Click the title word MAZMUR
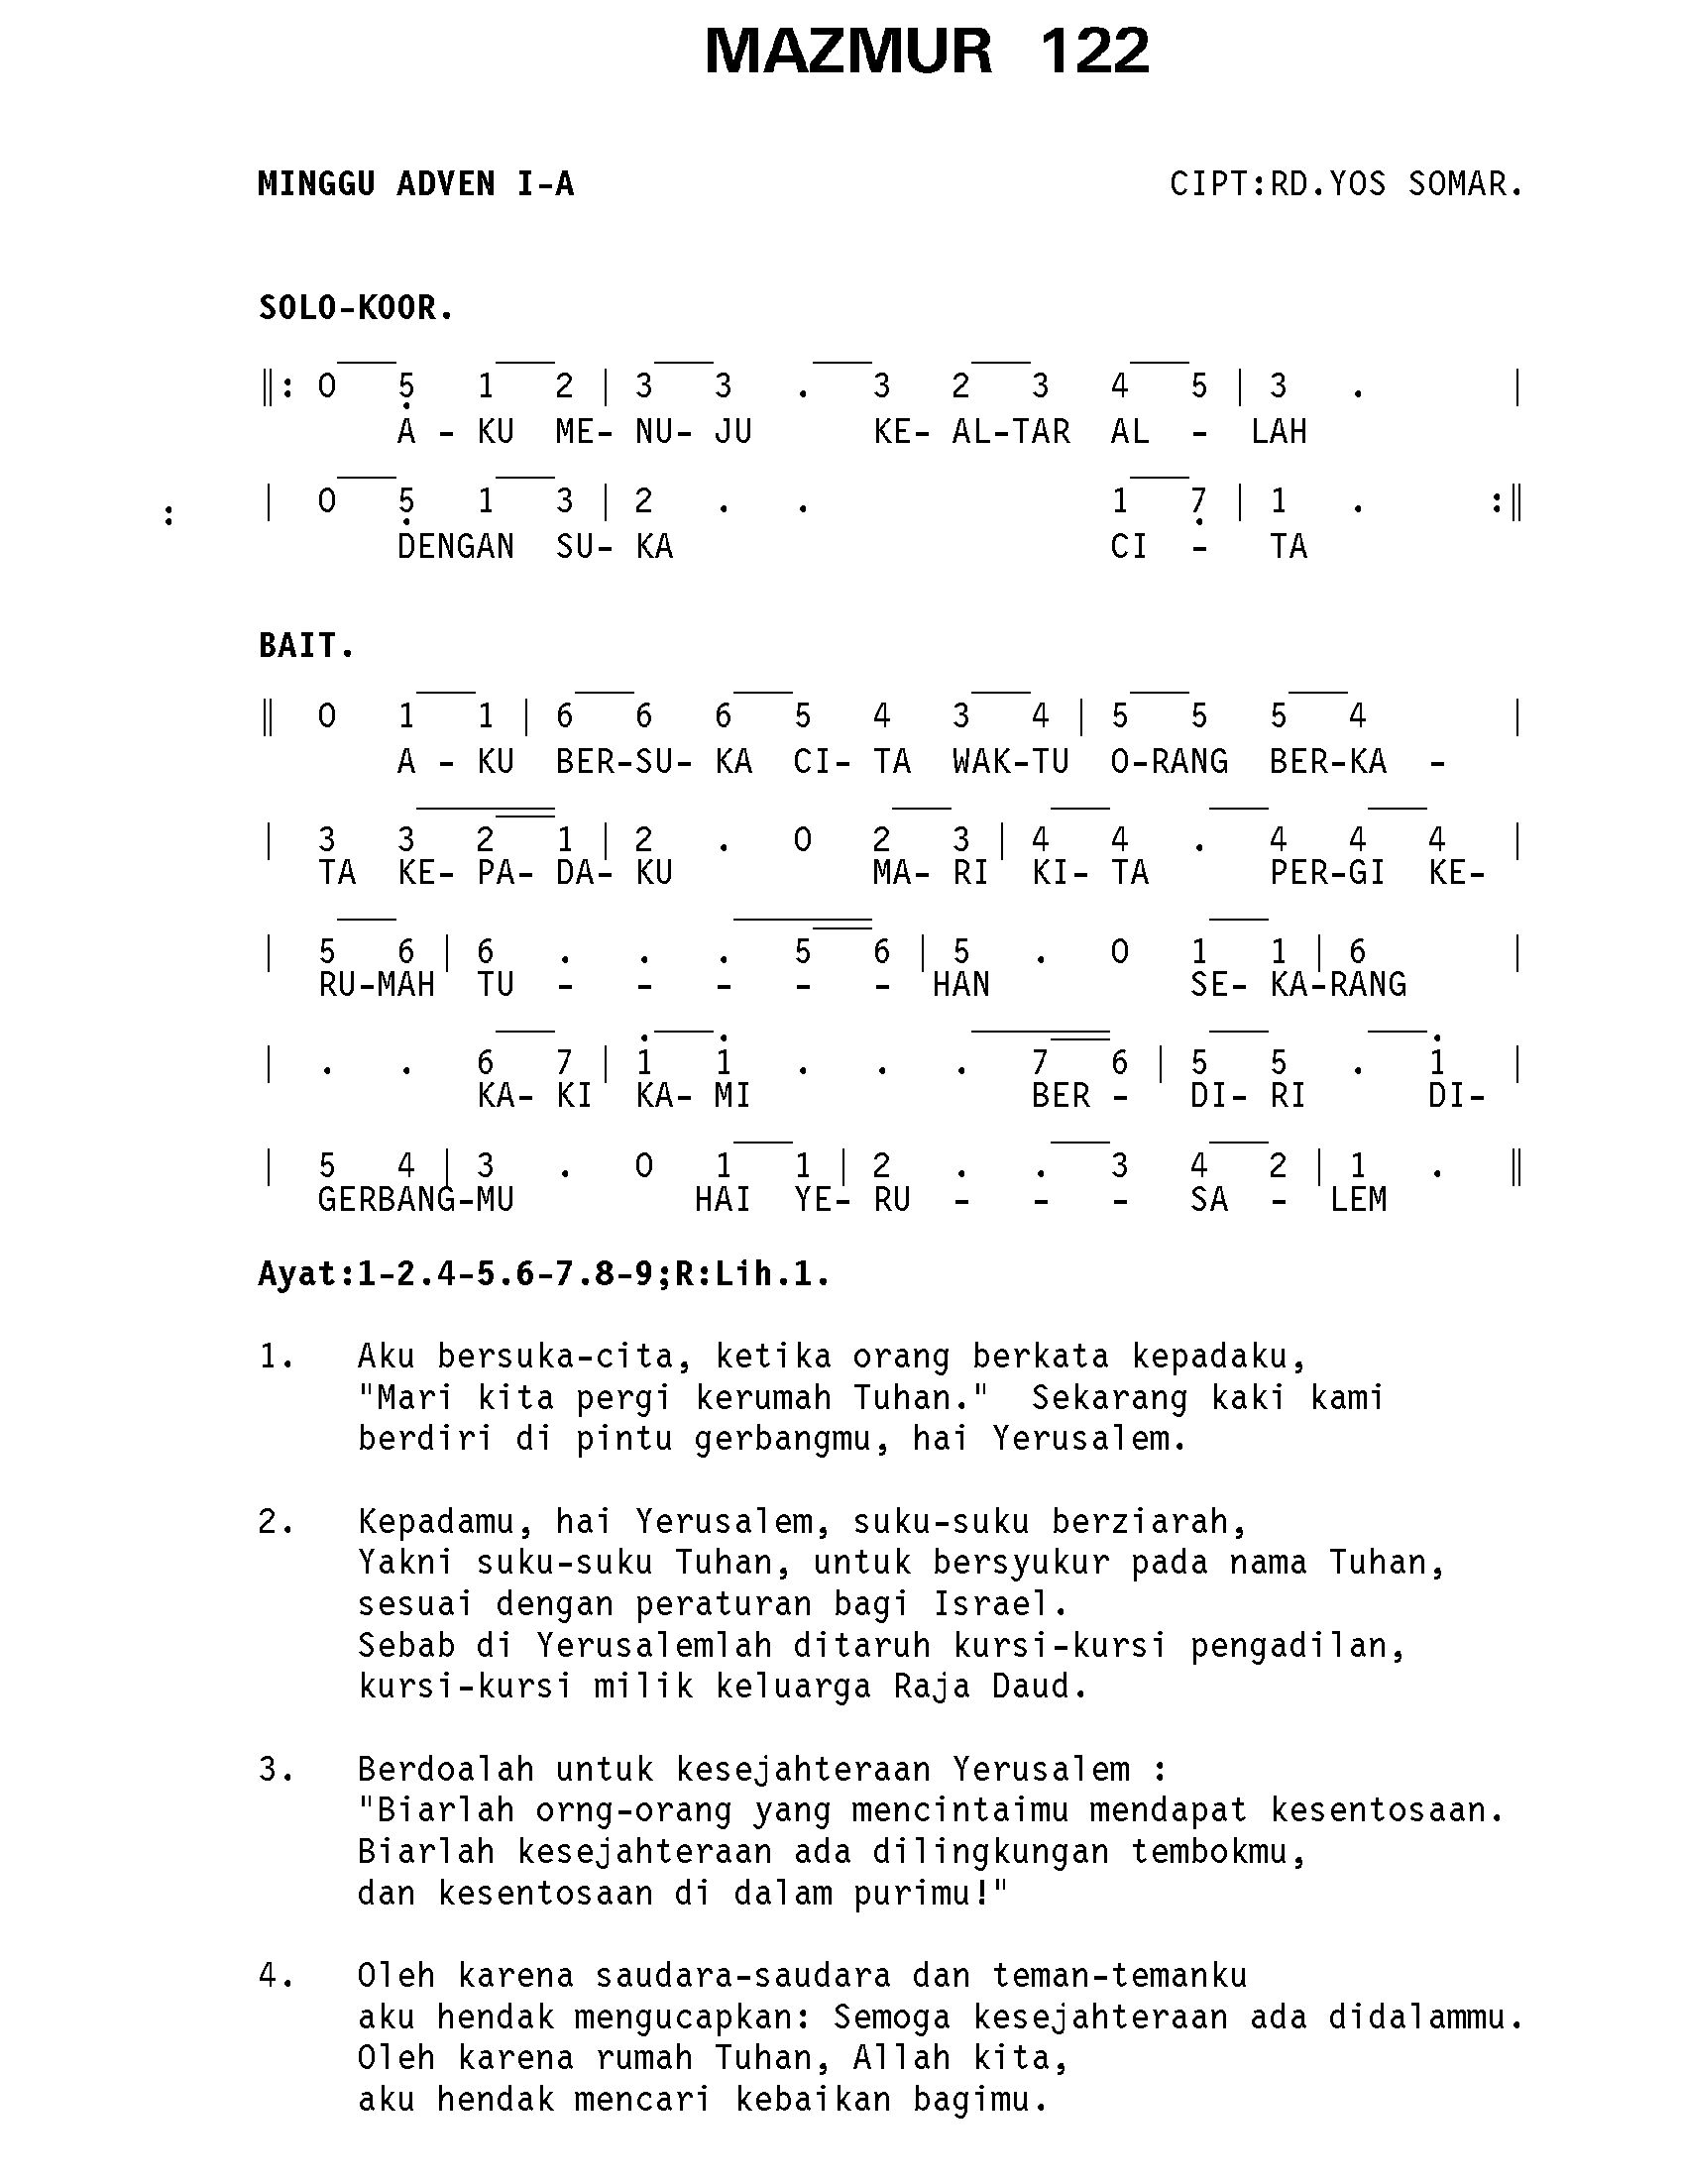[x=847, y=52]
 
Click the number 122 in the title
[x=1094, y=52]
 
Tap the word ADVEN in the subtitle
[x=445, y=184]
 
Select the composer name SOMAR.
[x=1464, y=184]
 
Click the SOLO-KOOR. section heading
[x=357, y=308]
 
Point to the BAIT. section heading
[x=306, y=647]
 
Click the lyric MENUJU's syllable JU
[x=732, y=432]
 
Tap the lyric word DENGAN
[x=455, y=547]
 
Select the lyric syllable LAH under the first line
[x=1278, y=432]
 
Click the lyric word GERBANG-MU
[x=415, y=1199]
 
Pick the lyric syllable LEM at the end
[x=1358, y=1199]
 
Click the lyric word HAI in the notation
[x=723, y=1199]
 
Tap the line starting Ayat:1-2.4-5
[x=544, y=1274]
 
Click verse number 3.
[x=275, y=1770]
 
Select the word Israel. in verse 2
[x=1000, y=1604]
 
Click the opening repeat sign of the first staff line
[x=276, y=386]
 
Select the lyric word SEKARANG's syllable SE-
[x=1218, y=985]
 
